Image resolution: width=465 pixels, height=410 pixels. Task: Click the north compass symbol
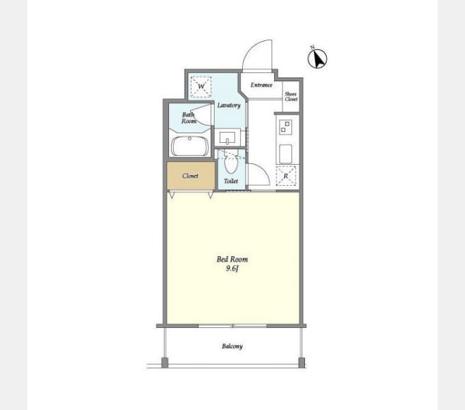pyautogui.click(x=317, y=58)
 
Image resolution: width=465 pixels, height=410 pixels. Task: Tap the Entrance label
pyautogui.click(x=261, y=85)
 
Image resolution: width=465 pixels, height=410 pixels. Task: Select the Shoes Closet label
pyautogui.click(x=291, y=96)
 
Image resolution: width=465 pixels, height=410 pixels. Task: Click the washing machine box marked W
pyautogui.click(x=201, y=87)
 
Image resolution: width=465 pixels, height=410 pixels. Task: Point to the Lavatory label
pyautogui.click(x=228, y=105)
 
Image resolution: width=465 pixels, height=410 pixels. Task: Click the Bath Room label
pyautogui.click(x=189, y=118)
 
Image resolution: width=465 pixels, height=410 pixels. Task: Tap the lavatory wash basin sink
pyautogui.click(x=228, y=138)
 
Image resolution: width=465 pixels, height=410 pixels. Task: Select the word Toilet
pyautogui.click(x=230, y=181)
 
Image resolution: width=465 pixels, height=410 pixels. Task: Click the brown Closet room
pyautogui.click(x=191, y=176)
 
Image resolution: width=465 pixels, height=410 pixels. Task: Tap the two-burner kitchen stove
pyautogui.click(x=285, y=127)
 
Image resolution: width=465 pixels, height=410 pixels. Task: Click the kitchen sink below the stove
pyautogui.click(x=285, y=154)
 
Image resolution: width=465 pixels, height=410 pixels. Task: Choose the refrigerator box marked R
pyautogui.click(x=286, y=176)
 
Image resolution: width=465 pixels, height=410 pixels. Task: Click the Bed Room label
pyautogui.click(x=232, y=260)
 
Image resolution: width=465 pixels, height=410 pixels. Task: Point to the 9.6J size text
pyautogui.click(x=232, y=269)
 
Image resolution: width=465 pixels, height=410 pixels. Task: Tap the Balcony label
pyautogui.click(x=232, y=346)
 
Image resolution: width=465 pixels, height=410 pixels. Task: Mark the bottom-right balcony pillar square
pyautogui.click(x=302, y=363)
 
